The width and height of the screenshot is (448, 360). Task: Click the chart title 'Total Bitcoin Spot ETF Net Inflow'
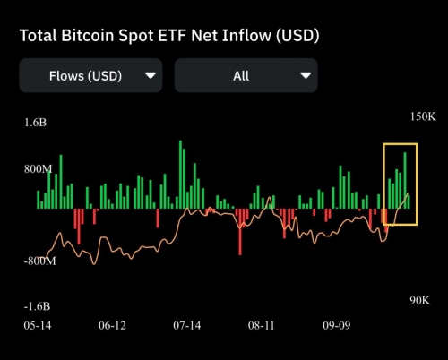click(x=168, y=36)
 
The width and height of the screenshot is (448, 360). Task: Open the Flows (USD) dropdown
click(x=90, y=75)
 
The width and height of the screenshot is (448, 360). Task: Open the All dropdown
click(x=246, y=75)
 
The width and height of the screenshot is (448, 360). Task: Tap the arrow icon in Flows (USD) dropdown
click(x=151, y=76)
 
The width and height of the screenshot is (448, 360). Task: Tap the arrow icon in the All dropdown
click(x=306, y=76)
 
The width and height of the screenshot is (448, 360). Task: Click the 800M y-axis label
click(x=39, y=168)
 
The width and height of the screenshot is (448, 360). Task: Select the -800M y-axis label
click(x=39, y=261)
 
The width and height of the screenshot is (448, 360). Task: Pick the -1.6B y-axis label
click(x=38, y=307)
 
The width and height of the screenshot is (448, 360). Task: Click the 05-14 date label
click(x=37, y=325)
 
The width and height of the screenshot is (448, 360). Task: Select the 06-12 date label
click(x=112, y=325)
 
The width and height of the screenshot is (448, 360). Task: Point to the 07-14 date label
click(x=186, y=325)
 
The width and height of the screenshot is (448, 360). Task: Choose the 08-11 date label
click(x=262, y=325)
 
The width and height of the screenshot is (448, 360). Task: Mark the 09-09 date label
click(x=336, y=325)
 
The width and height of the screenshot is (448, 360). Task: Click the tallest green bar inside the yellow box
click(x=405, y=179)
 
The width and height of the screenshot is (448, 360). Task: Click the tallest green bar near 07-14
click(x=180, y=174)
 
